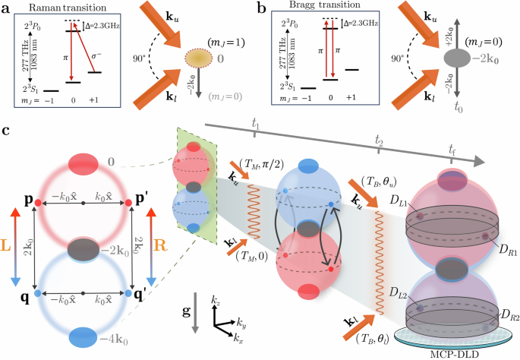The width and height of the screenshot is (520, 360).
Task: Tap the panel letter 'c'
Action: [6, 131]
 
